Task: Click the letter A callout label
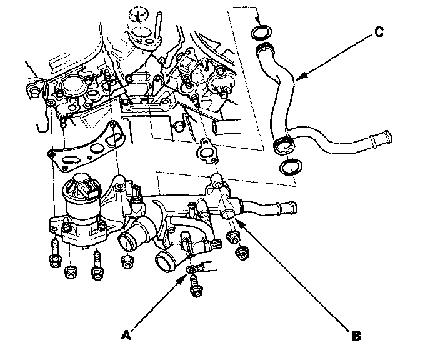(126, 335)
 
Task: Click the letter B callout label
(356, 336)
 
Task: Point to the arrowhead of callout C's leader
(296, 80)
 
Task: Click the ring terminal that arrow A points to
(197, 269)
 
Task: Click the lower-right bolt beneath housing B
(241, 252)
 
